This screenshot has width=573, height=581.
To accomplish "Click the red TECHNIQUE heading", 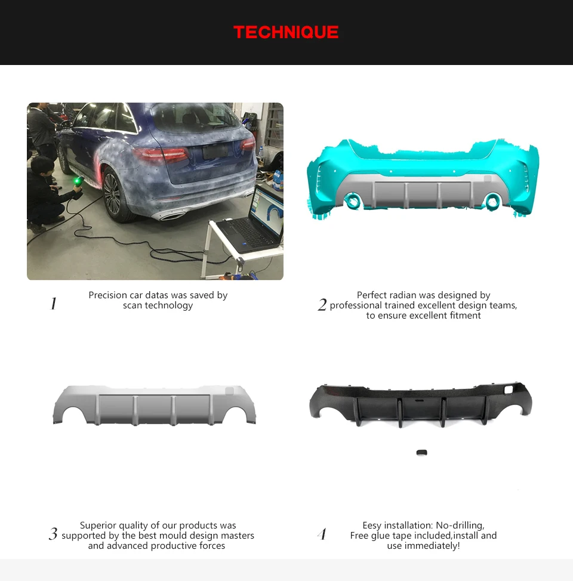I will (x=286, y=32).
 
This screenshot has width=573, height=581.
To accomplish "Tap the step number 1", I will (x=53, y=304).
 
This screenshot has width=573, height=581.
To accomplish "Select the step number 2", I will (x=322, y=305).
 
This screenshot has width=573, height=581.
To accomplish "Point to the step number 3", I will (x=53, y=534).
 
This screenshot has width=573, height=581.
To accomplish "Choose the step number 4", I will (x=322, y=534).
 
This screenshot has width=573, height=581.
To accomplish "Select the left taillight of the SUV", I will (x=161, y=154).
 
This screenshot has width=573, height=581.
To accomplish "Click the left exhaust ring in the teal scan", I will (x=353, y=201).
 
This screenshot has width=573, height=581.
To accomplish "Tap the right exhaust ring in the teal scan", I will (x=492, y=202).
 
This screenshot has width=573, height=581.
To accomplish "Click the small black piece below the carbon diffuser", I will (x=421, y=453).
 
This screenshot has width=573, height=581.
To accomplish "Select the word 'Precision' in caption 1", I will (x=107, y=295).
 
